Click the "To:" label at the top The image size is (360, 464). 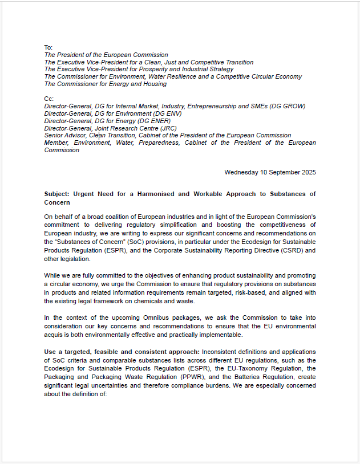(x=48, y=47)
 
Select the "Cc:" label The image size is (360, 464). (x=48, y=99)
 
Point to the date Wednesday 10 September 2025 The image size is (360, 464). (x=270, y=172)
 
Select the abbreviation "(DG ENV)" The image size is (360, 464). (x=187, y=113)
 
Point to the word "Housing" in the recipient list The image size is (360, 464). (x=154, y=84)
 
